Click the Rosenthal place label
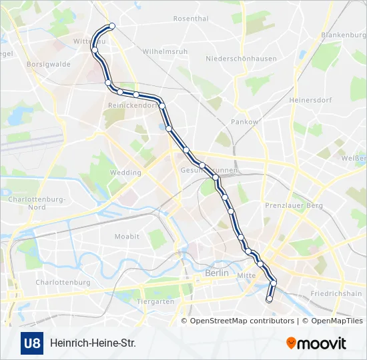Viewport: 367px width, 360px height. (191, 19)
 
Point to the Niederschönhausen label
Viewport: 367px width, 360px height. (241, 59)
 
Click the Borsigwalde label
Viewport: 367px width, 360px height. (48, 65)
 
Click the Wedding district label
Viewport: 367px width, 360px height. (125, 173)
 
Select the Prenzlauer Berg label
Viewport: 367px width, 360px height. (294, 206)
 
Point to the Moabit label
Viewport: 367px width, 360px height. (127, 237)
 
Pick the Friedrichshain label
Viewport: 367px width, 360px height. (336, 293)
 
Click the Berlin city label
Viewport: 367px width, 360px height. (217, 273)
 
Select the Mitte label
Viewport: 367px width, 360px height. (246, 275)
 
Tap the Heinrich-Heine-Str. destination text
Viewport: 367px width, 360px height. (92, 344)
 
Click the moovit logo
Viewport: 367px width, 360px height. (316, 343)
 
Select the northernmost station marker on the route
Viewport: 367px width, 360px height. (112, 26)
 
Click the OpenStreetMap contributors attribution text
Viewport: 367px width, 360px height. (242, 321)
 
